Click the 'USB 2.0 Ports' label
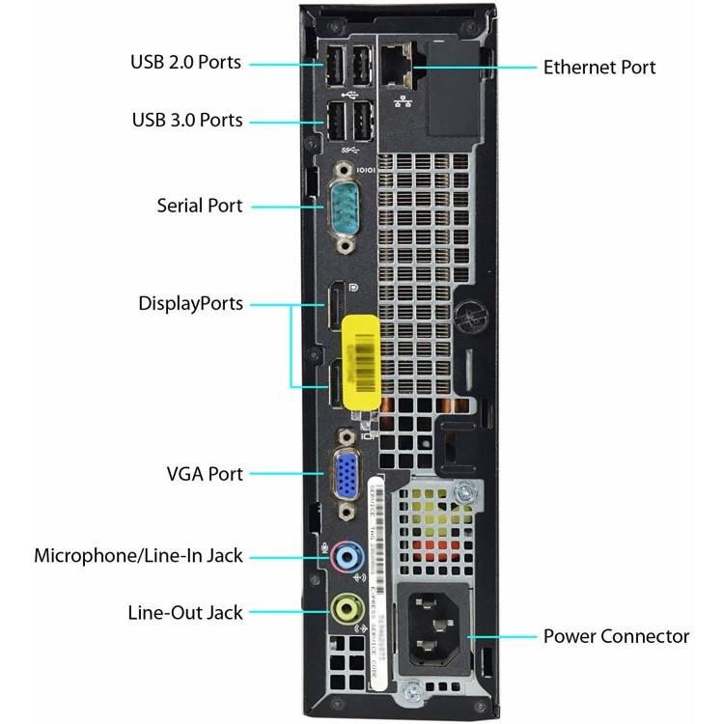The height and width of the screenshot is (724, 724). click(x=186, y=63)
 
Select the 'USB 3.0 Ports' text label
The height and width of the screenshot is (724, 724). click(x=186, y=121)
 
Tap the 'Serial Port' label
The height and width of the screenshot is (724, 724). click(x=200, y=206)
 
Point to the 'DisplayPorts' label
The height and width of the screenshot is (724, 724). click(x=190, y=304)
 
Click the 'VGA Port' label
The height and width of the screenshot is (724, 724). click(x=205, y=474)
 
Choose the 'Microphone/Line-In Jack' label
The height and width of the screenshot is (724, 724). click(x=138, y=556)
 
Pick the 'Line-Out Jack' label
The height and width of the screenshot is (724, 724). click(x=184, y=612)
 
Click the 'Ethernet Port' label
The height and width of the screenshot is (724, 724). click(x=599, y=67)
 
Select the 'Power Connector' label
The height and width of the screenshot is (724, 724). click(x=616, y=636)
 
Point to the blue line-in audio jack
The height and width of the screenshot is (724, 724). click(x=352, y=556)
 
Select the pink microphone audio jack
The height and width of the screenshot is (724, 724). click(x=338, y=556)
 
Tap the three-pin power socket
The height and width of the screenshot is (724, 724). click(x=433, y=625)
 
